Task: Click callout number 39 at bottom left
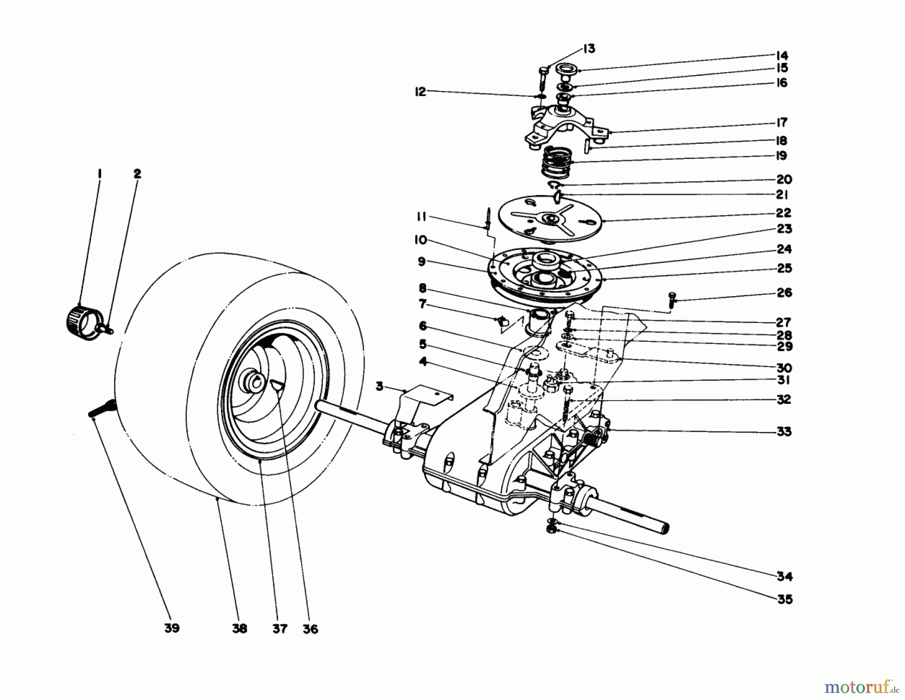172,629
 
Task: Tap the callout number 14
781,55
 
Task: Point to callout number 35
784,599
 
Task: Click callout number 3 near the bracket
380,386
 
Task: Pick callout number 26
784,293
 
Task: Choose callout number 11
421,217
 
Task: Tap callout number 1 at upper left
100,174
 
